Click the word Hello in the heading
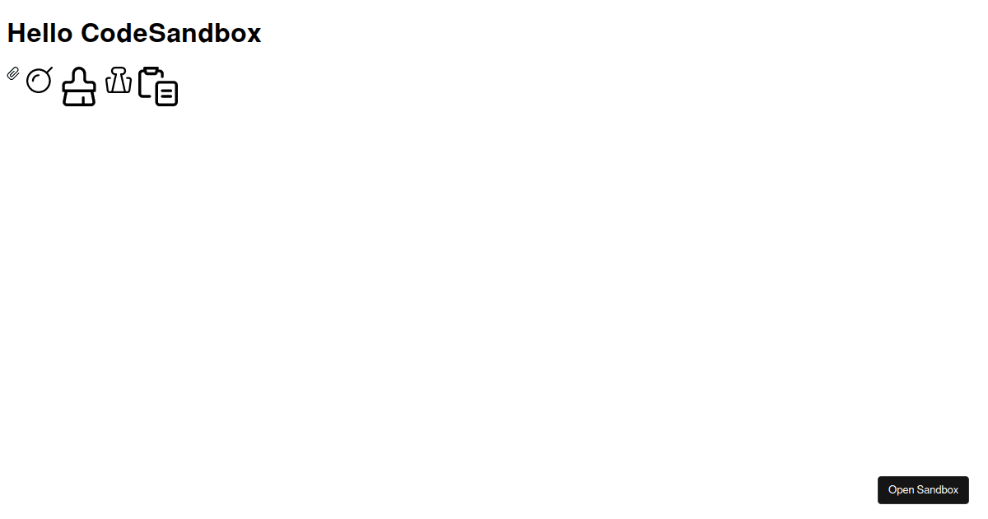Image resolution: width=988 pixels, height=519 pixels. (x=40, y=33)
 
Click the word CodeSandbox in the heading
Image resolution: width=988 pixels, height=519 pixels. (x=170, y=33)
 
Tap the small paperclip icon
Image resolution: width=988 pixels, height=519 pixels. (x=13, y=73)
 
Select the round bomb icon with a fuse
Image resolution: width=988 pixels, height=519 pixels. (x=40, y=80)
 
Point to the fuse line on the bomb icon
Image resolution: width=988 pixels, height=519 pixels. (x=48, y=71)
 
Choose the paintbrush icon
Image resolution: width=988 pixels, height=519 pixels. (x=79, y=86)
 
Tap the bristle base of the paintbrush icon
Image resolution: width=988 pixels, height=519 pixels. (x=79, y=98)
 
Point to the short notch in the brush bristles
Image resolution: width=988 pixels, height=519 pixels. (x=82, y=101)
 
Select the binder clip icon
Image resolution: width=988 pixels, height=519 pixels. (x=119, y=80)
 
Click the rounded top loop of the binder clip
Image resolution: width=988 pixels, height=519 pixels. (x=119, y=71)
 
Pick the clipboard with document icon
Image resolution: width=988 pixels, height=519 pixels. (x=158, y=86)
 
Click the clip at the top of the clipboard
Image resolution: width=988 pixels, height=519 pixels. (x=151, y=70)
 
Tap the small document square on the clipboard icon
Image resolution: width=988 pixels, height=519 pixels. (x=166, y=94)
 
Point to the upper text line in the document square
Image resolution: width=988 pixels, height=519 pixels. (x=166, y=91)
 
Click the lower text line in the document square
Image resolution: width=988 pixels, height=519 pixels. (x=166, y=96)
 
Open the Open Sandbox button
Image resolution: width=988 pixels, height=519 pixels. (x=923, y=490)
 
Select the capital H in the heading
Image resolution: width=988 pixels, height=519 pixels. (x=16, y=33)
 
